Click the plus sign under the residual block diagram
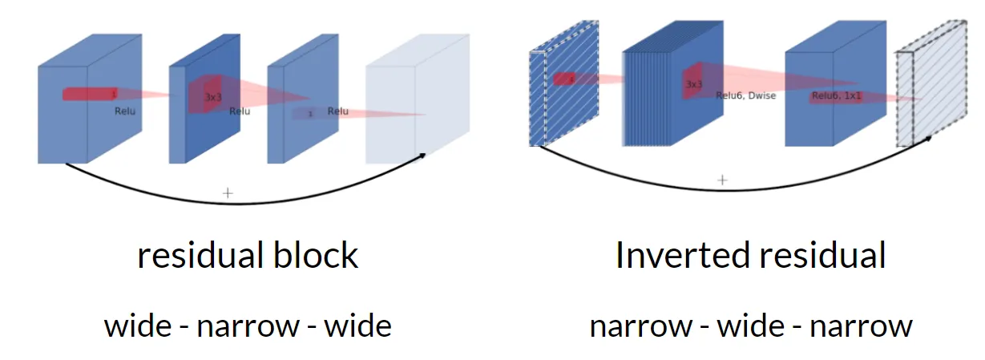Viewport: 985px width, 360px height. (228, 192)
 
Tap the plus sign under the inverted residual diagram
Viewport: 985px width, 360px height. (722, 180)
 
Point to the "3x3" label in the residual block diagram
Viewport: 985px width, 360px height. (212, 97)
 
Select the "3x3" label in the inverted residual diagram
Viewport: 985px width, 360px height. (694, 83)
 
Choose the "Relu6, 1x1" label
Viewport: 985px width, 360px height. (837, 96)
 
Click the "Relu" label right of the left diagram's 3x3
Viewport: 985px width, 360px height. (240, 111)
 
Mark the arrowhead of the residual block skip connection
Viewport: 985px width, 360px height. (422, 155)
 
